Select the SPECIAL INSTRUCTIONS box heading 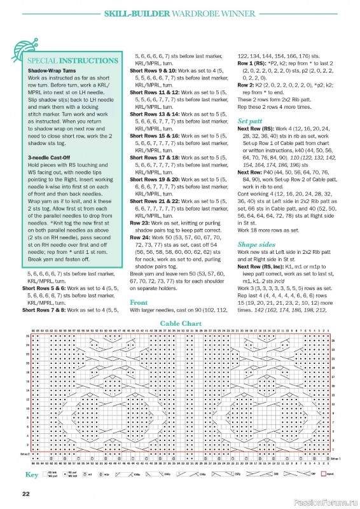[72, 63]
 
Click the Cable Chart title [180, 323]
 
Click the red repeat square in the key [323, 474]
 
